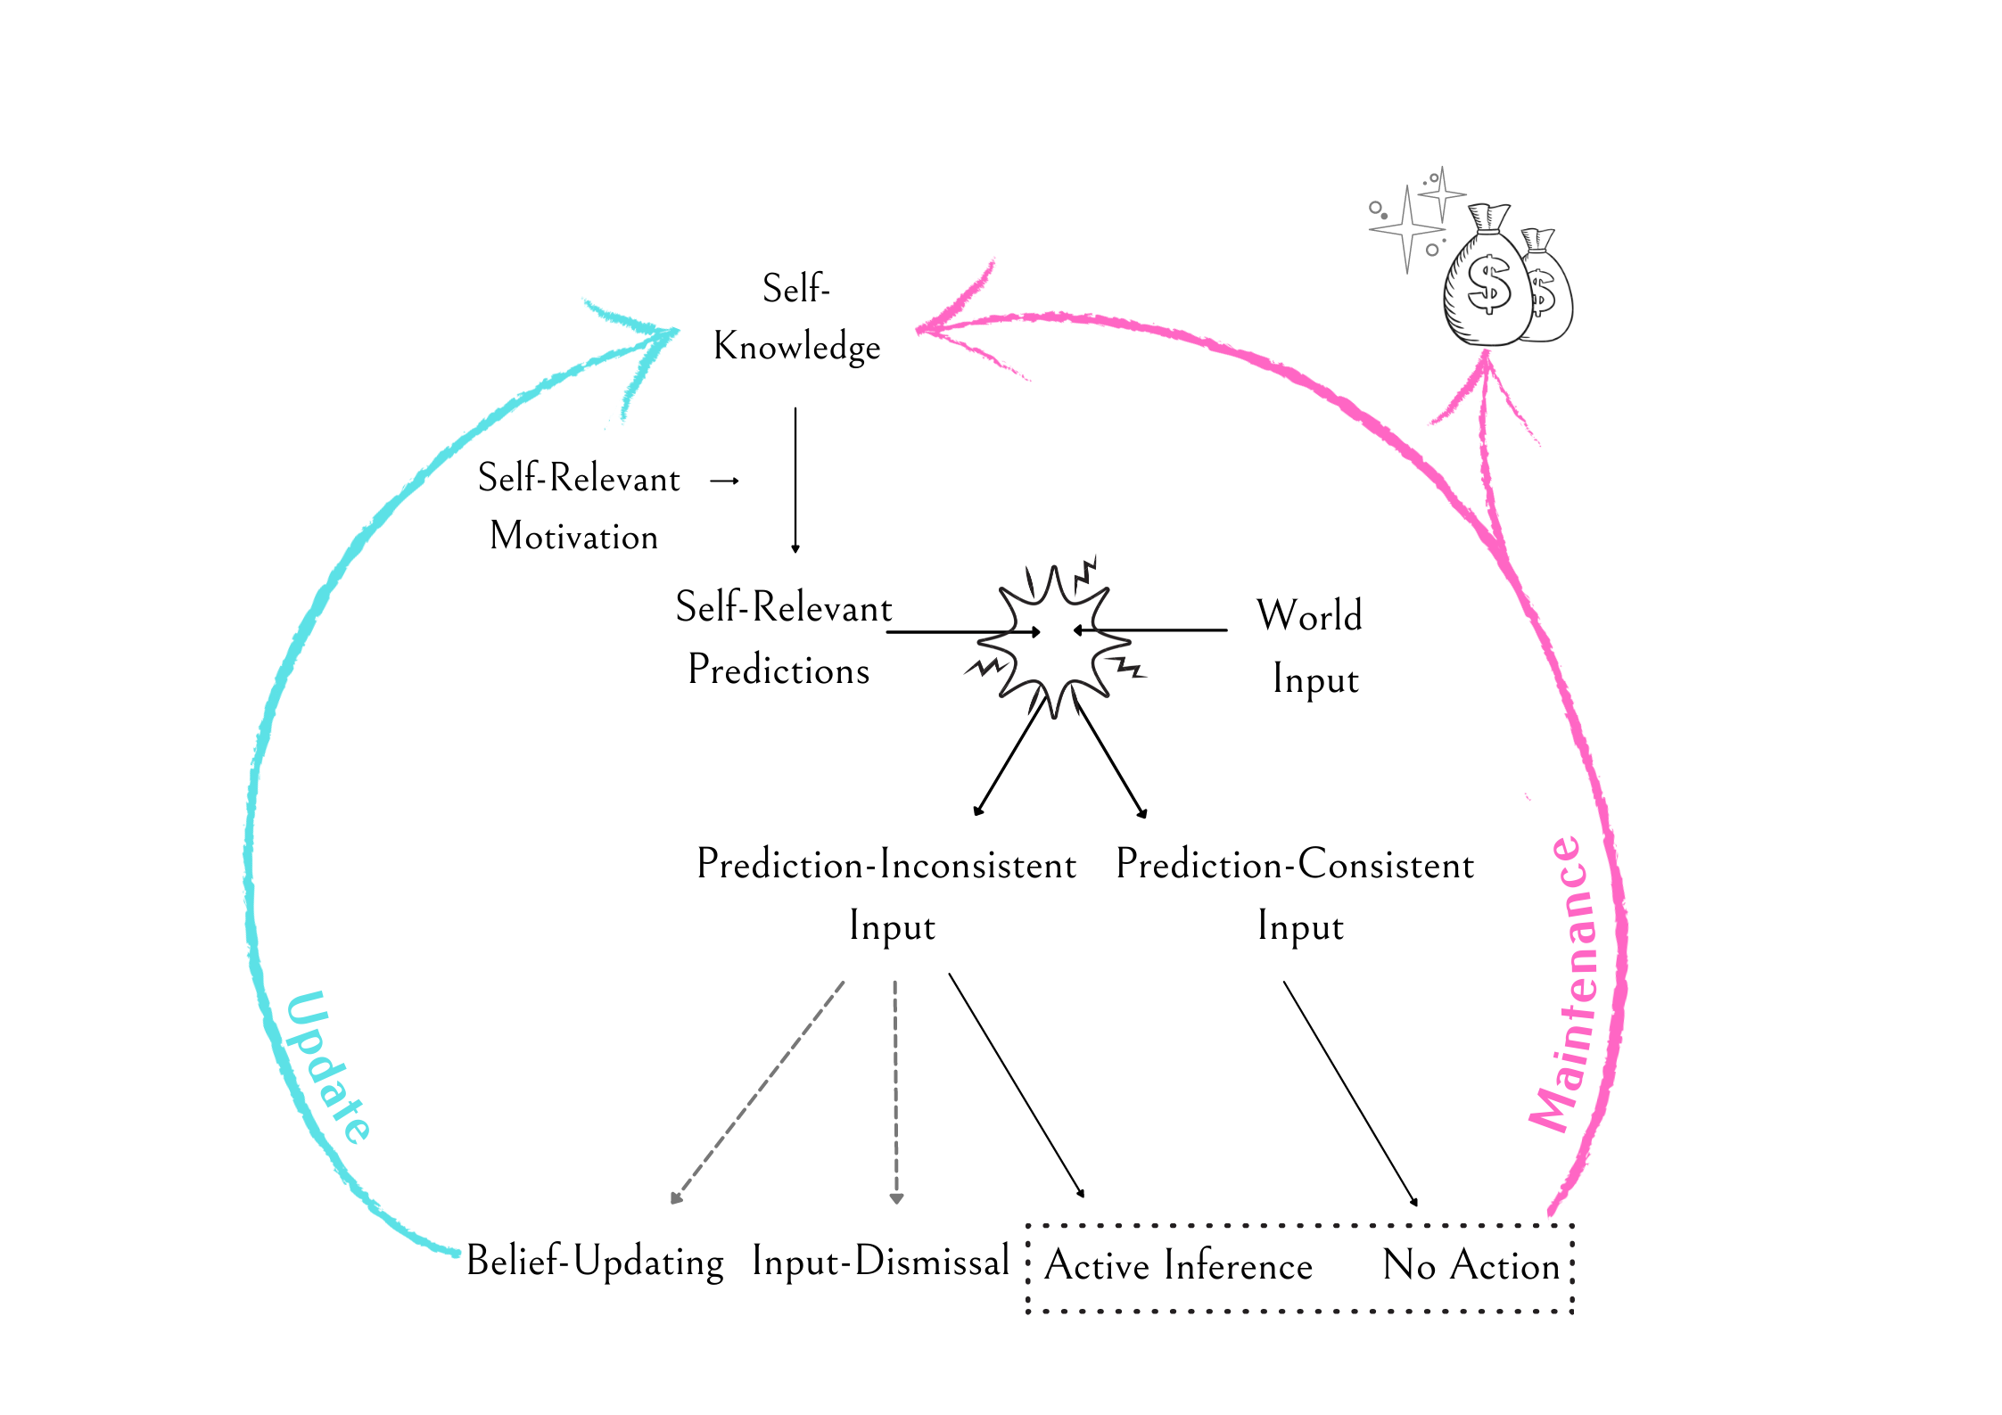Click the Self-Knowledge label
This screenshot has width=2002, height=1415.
point(796,318)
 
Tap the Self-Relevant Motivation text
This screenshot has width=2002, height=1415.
point(578,506)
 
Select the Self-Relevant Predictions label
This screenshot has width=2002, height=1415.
point(782,638)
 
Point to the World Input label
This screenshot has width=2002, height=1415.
point(1310,646)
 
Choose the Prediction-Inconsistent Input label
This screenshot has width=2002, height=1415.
point(887,894)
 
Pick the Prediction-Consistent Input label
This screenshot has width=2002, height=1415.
point(1296,894)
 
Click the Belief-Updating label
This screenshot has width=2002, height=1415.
point(595,1262)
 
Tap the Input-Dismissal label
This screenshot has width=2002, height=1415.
point(880,1262)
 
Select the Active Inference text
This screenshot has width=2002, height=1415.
point(1178,1265)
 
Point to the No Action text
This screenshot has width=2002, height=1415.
point(1471,1265)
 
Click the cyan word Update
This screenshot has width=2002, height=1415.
point(328,1067)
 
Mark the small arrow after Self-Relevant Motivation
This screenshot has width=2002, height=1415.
point(724,481)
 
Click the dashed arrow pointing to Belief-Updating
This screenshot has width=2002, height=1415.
point(758,1092)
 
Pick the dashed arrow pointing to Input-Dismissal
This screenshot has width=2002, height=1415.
point(895,1092)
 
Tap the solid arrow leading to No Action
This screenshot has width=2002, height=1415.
point(1349,1092)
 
